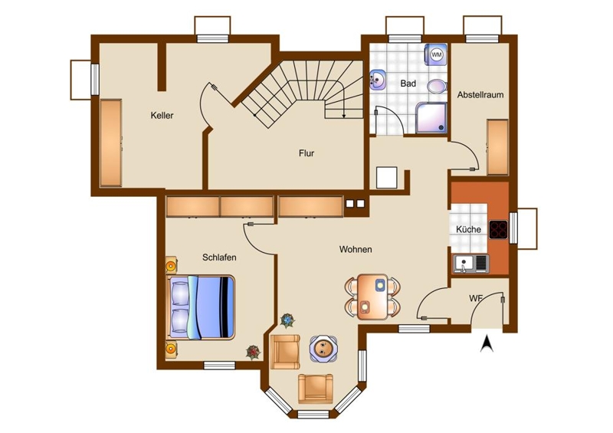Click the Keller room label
[x=162, y=116]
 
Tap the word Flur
[x=306, y=153]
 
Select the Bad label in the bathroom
[x=408, y=84]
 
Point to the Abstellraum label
[x=480, y=95]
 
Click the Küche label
[x=468, y=229]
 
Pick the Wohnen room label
[x=356, y=249]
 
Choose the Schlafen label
[x=219, y=258]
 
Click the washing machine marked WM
[x=436, y=54]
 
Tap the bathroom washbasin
[x=377, y=80]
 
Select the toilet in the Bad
[x=437, y=86]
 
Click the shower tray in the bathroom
[x=431, y=118]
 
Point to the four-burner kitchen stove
[x=499, y=230]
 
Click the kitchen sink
[x=471, y=263]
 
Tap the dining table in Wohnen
[x=372, y=297]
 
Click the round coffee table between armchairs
[x=323, y=348]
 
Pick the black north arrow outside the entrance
[x=487, y=343]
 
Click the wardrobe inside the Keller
[x=111, y=143]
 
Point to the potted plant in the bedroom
[x=253, y=352]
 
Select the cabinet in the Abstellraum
[x=497, y=147]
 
